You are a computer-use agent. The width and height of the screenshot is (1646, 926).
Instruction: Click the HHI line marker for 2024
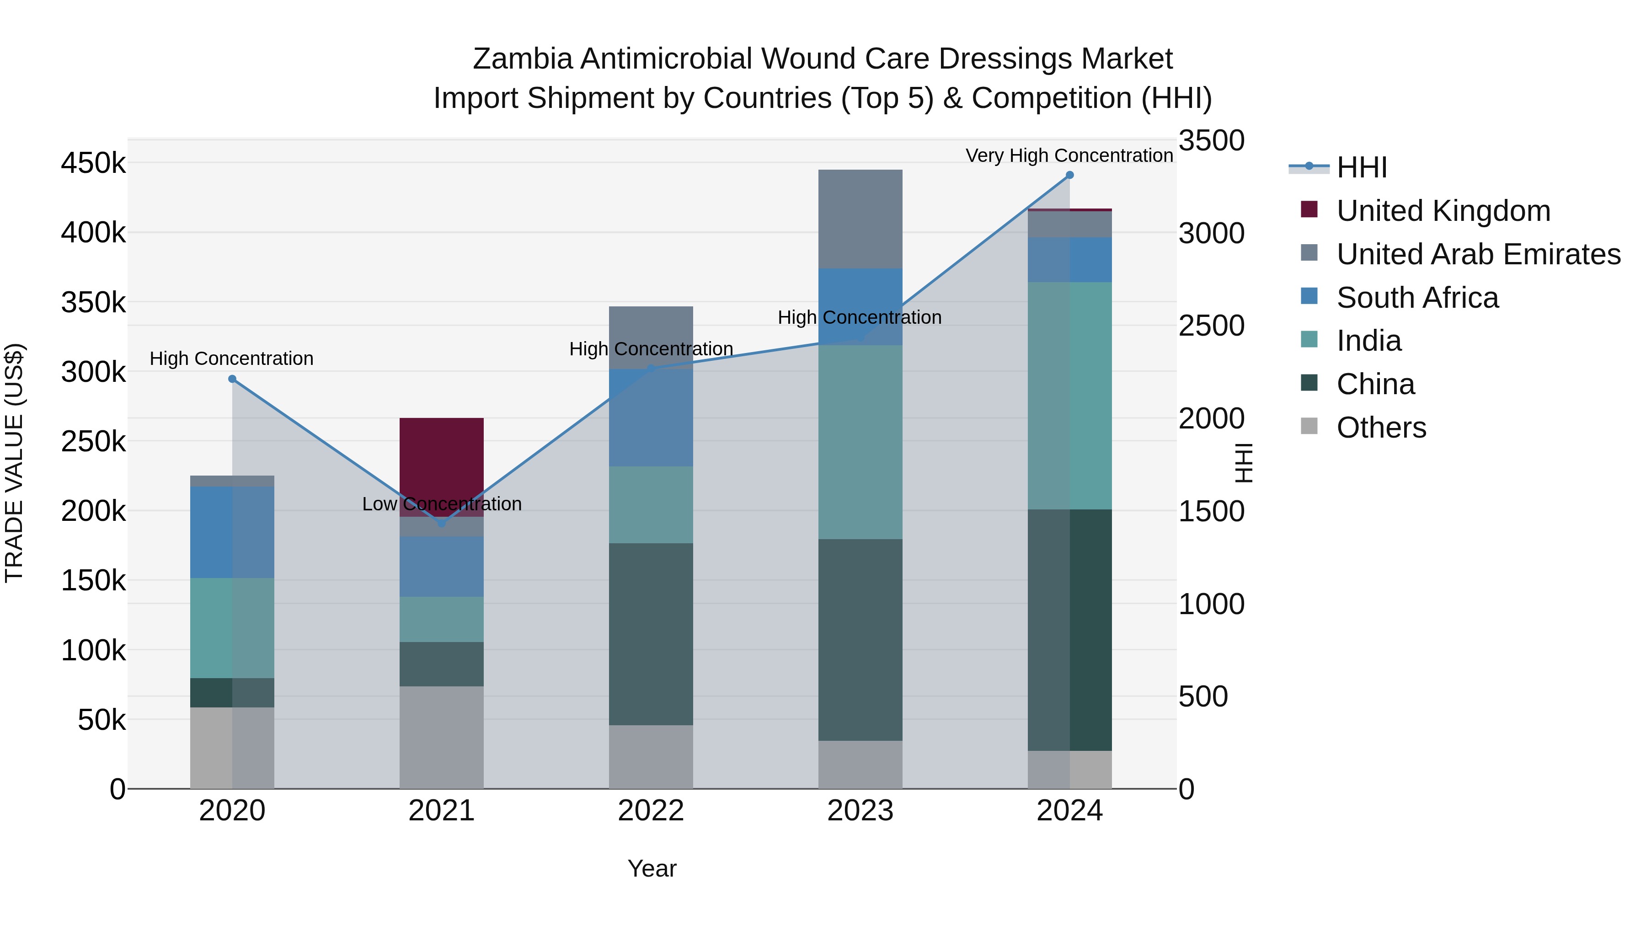pos(1069,175)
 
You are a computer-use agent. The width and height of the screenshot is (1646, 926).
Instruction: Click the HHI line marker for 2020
pos(232,379)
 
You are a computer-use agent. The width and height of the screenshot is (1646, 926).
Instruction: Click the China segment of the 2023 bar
pos(860,639)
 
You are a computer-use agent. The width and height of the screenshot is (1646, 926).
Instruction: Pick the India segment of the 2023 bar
pos(860,441)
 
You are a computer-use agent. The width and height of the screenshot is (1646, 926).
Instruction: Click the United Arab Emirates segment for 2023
pos(860,219)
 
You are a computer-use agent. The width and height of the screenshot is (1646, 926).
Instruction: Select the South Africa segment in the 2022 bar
pos(651,418)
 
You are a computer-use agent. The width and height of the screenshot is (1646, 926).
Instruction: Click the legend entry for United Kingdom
pos(1443,211)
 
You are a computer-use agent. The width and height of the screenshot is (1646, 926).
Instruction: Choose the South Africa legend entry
pos(1417,298)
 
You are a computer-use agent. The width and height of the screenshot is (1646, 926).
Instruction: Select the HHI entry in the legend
pos(1361,167)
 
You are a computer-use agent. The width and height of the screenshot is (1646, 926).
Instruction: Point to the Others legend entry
pos(1381,428)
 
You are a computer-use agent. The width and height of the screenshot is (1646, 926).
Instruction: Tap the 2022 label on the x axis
pos(651,811)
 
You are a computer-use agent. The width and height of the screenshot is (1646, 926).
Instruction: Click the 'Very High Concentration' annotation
pos(1069,155)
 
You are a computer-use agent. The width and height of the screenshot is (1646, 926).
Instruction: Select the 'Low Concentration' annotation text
pos(442,504)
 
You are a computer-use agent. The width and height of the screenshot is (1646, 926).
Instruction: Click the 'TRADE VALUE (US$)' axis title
pos(14,463)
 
